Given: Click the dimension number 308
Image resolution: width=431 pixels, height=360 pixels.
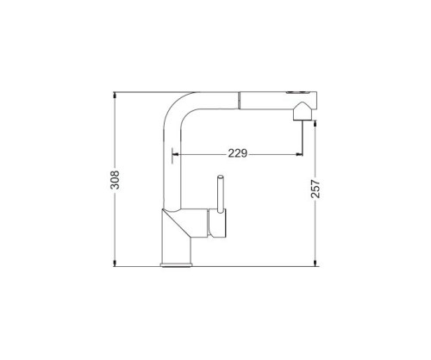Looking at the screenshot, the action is click(115, 180).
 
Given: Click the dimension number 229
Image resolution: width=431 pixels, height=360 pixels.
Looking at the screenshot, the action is click(238, 153).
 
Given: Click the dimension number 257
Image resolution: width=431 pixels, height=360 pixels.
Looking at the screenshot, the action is click(315, 189).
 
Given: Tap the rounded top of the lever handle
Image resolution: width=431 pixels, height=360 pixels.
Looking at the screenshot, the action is click(221, 177).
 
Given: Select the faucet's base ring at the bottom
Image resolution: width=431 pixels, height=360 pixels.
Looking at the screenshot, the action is click(176, 264).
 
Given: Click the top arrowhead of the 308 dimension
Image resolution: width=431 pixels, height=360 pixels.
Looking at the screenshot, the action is click(115, 95).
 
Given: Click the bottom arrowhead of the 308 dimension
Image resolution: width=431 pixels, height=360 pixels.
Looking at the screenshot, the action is click(115, 264).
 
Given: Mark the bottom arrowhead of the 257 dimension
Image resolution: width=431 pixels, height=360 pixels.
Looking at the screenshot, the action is click(315, 264).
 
